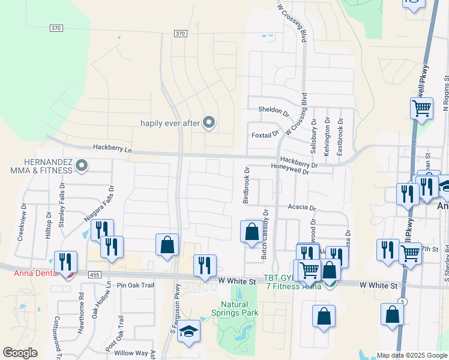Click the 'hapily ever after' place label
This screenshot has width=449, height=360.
169,123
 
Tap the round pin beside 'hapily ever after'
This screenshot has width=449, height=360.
209,122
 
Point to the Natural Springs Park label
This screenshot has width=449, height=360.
235,308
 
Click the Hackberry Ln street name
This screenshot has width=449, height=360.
112,147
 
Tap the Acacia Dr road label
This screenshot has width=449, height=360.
301,208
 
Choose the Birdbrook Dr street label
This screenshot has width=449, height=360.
246,185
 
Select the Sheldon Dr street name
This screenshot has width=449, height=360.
274,110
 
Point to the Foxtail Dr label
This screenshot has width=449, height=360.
265,134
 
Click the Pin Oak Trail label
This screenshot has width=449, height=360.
136,285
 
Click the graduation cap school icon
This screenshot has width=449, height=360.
188,332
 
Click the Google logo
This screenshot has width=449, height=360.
20,353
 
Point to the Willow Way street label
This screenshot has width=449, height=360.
131,353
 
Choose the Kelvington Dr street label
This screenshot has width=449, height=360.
327,138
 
